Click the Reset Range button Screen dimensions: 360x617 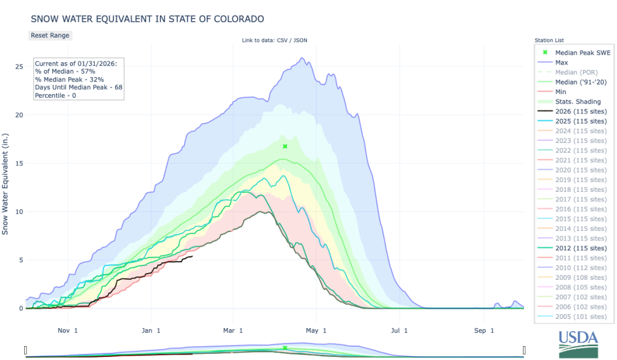click(50, 35)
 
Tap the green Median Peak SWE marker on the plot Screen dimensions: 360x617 click(285, 147)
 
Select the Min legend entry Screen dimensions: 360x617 click(561, 92)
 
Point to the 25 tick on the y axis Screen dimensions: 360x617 click(19, 66)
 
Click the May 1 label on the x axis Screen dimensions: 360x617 click(315, 330)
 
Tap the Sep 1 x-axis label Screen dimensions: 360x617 click(483, 330)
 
